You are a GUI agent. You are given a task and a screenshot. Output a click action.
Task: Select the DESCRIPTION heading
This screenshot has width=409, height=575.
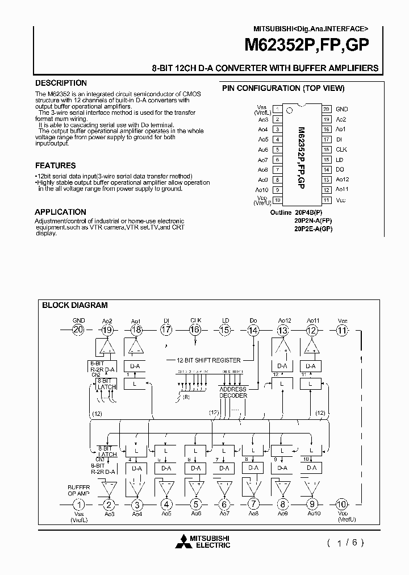tap(61, 83)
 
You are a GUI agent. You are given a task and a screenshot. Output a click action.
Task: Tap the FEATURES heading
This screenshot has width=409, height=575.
tap(55, 165)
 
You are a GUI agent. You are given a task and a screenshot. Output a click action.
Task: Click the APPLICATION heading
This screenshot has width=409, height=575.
tap(61, 212)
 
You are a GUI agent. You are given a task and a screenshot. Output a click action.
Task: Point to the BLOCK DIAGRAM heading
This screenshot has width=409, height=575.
tap(75, 305)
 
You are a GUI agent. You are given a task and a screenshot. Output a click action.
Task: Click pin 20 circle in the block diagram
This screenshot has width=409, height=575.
tap(78, 330)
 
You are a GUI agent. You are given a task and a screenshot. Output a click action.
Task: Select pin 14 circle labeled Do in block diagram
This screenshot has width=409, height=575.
tap(253, 330)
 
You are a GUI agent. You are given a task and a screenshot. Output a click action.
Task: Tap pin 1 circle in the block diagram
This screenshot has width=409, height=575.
tap(80, 504)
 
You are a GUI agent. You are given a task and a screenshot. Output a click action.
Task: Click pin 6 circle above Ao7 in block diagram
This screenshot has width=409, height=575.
tap(225, 504)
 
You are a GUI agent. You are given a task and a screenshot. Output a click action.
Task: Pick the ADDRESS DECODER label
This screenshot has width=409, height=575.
tap(233, 392)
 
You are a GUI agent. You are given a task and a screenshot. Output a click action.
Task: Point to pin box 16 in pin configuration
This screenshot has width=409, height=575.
tap(327, 149)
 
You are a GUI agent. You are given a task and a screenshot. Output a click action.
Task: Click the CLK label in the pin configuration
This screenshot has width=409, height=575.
tap(341, 149)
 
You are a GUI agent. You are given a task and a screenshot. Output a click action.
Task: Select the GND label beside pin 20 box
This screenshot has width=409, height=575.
tap(342, 109)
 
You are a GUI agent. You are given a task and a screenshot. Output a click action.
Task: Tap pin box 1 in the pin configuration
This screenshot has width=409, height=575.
tap(276, 109)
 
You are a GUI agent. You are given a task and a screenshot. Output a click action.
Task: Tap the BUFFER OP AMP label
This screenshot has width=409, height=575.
tap(78, 491)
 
